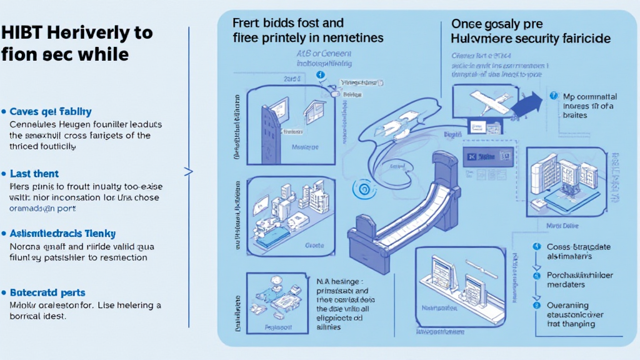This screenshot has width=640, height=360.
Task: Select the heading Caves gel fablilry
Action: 51,111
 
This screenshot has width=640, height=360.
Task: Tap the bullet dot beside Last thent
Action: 4,174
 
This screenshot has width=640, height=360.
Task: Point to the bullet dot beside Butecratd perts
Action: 4,292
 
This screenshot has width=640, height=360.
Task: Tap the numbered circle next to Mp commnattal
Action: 553,96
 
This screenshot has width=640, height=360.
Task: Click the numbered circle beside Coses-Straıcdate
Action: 536,247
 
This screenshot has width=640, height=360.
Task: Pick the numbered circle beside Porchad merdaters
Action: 536,276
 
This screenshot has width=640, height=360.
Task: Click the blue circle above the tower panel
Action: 321,75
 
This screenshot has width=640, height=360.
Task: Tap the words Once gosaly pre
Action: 493,23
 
